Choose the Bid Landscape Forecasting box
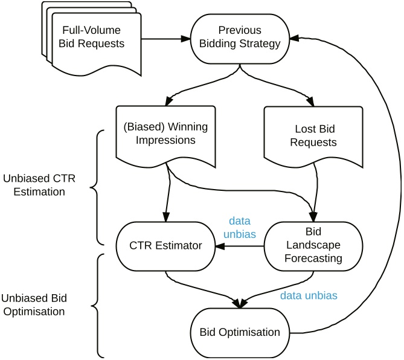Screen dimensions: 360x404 (313, 246)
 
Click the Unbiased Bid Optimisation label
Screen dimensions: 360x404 (34, 306)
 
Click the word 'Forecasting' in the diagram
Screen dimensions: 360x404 (313, 258)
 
